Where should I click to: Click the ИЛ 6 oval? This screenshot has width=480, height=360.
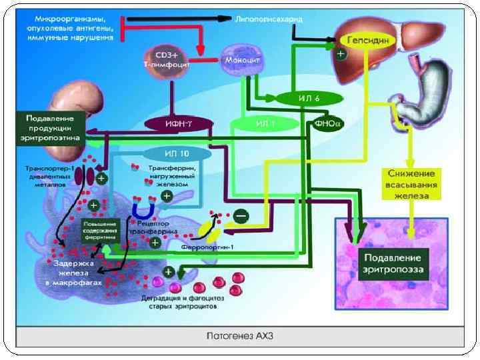309,98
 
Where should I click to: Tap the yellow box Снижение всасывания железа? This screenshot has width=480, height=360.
409,184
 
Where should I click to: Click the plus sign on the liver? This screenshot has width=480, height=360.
341,54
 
